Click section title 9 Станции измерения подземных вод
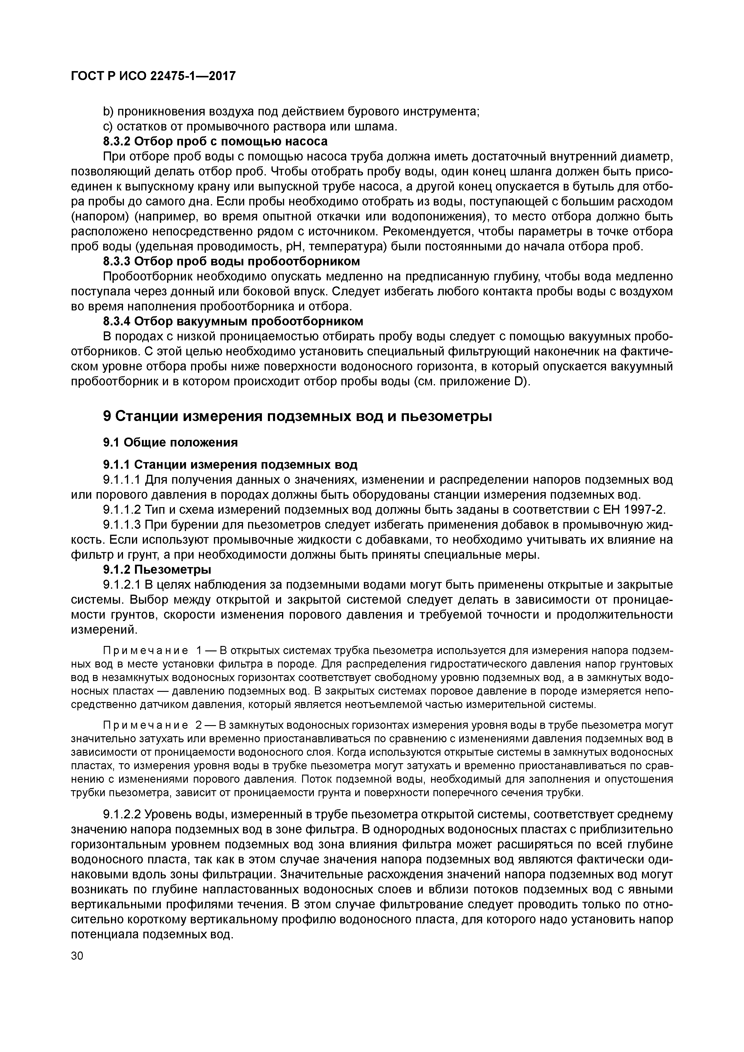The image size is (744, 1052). click(x=298, y=416)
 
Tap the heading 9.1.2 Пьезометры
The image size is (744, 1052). click(x=157, y=570)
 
